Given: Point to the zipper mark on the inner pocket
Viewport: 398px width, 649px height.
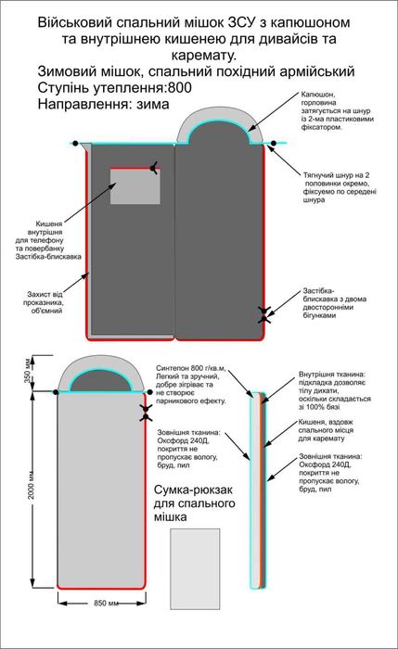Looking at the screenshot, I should pyautogui.click(x=155, y=168).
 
